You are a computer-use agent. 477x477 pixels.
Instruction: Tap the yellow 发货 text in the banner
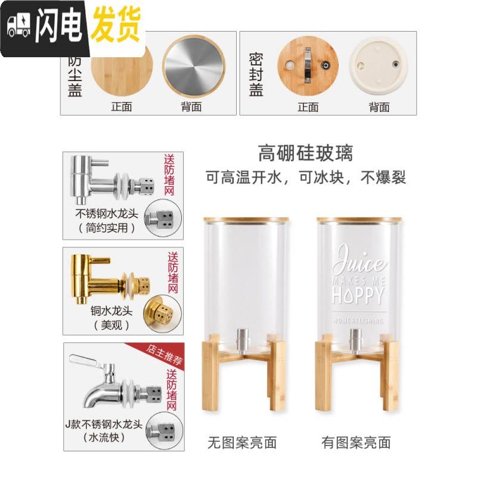point(116,24)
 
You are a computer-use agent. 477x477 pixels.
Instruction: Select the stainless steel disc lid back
point(194,66)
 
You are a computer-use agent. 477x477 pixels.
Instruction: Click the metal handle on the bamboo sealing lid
point(308,65)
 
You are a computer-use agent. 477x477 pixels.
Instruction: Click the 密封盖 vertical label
point(256,75)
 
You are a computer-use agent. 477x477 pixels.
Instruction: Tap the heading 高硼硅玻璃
point(305,153)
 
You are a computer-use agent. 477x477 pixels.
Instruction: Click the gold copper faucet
point(110,279)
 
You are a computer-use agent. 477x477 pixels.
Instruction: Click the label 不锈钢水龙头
point(107,213)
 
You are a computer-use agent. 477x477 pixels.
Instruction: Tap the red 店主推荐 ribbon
point(162,354)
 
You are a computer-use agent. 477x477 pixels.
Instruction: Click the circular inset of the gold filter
point(162,314)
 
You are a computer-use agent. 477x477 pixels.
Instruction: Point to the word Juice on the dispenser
point(359,259)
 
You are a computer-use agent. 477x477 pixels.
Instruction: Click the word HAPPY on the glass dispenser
point(358,295)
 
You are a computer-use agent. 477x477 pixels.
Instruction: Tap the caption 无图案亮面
point(242,442)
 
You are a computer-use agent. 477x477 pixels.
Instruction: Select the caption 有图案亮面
point(356,442)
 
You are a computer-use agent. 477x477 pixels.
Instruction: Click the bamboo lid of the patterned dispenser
point(359,219)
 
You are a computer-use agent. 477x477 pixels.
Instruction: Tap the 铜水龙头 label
point(111,311)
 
